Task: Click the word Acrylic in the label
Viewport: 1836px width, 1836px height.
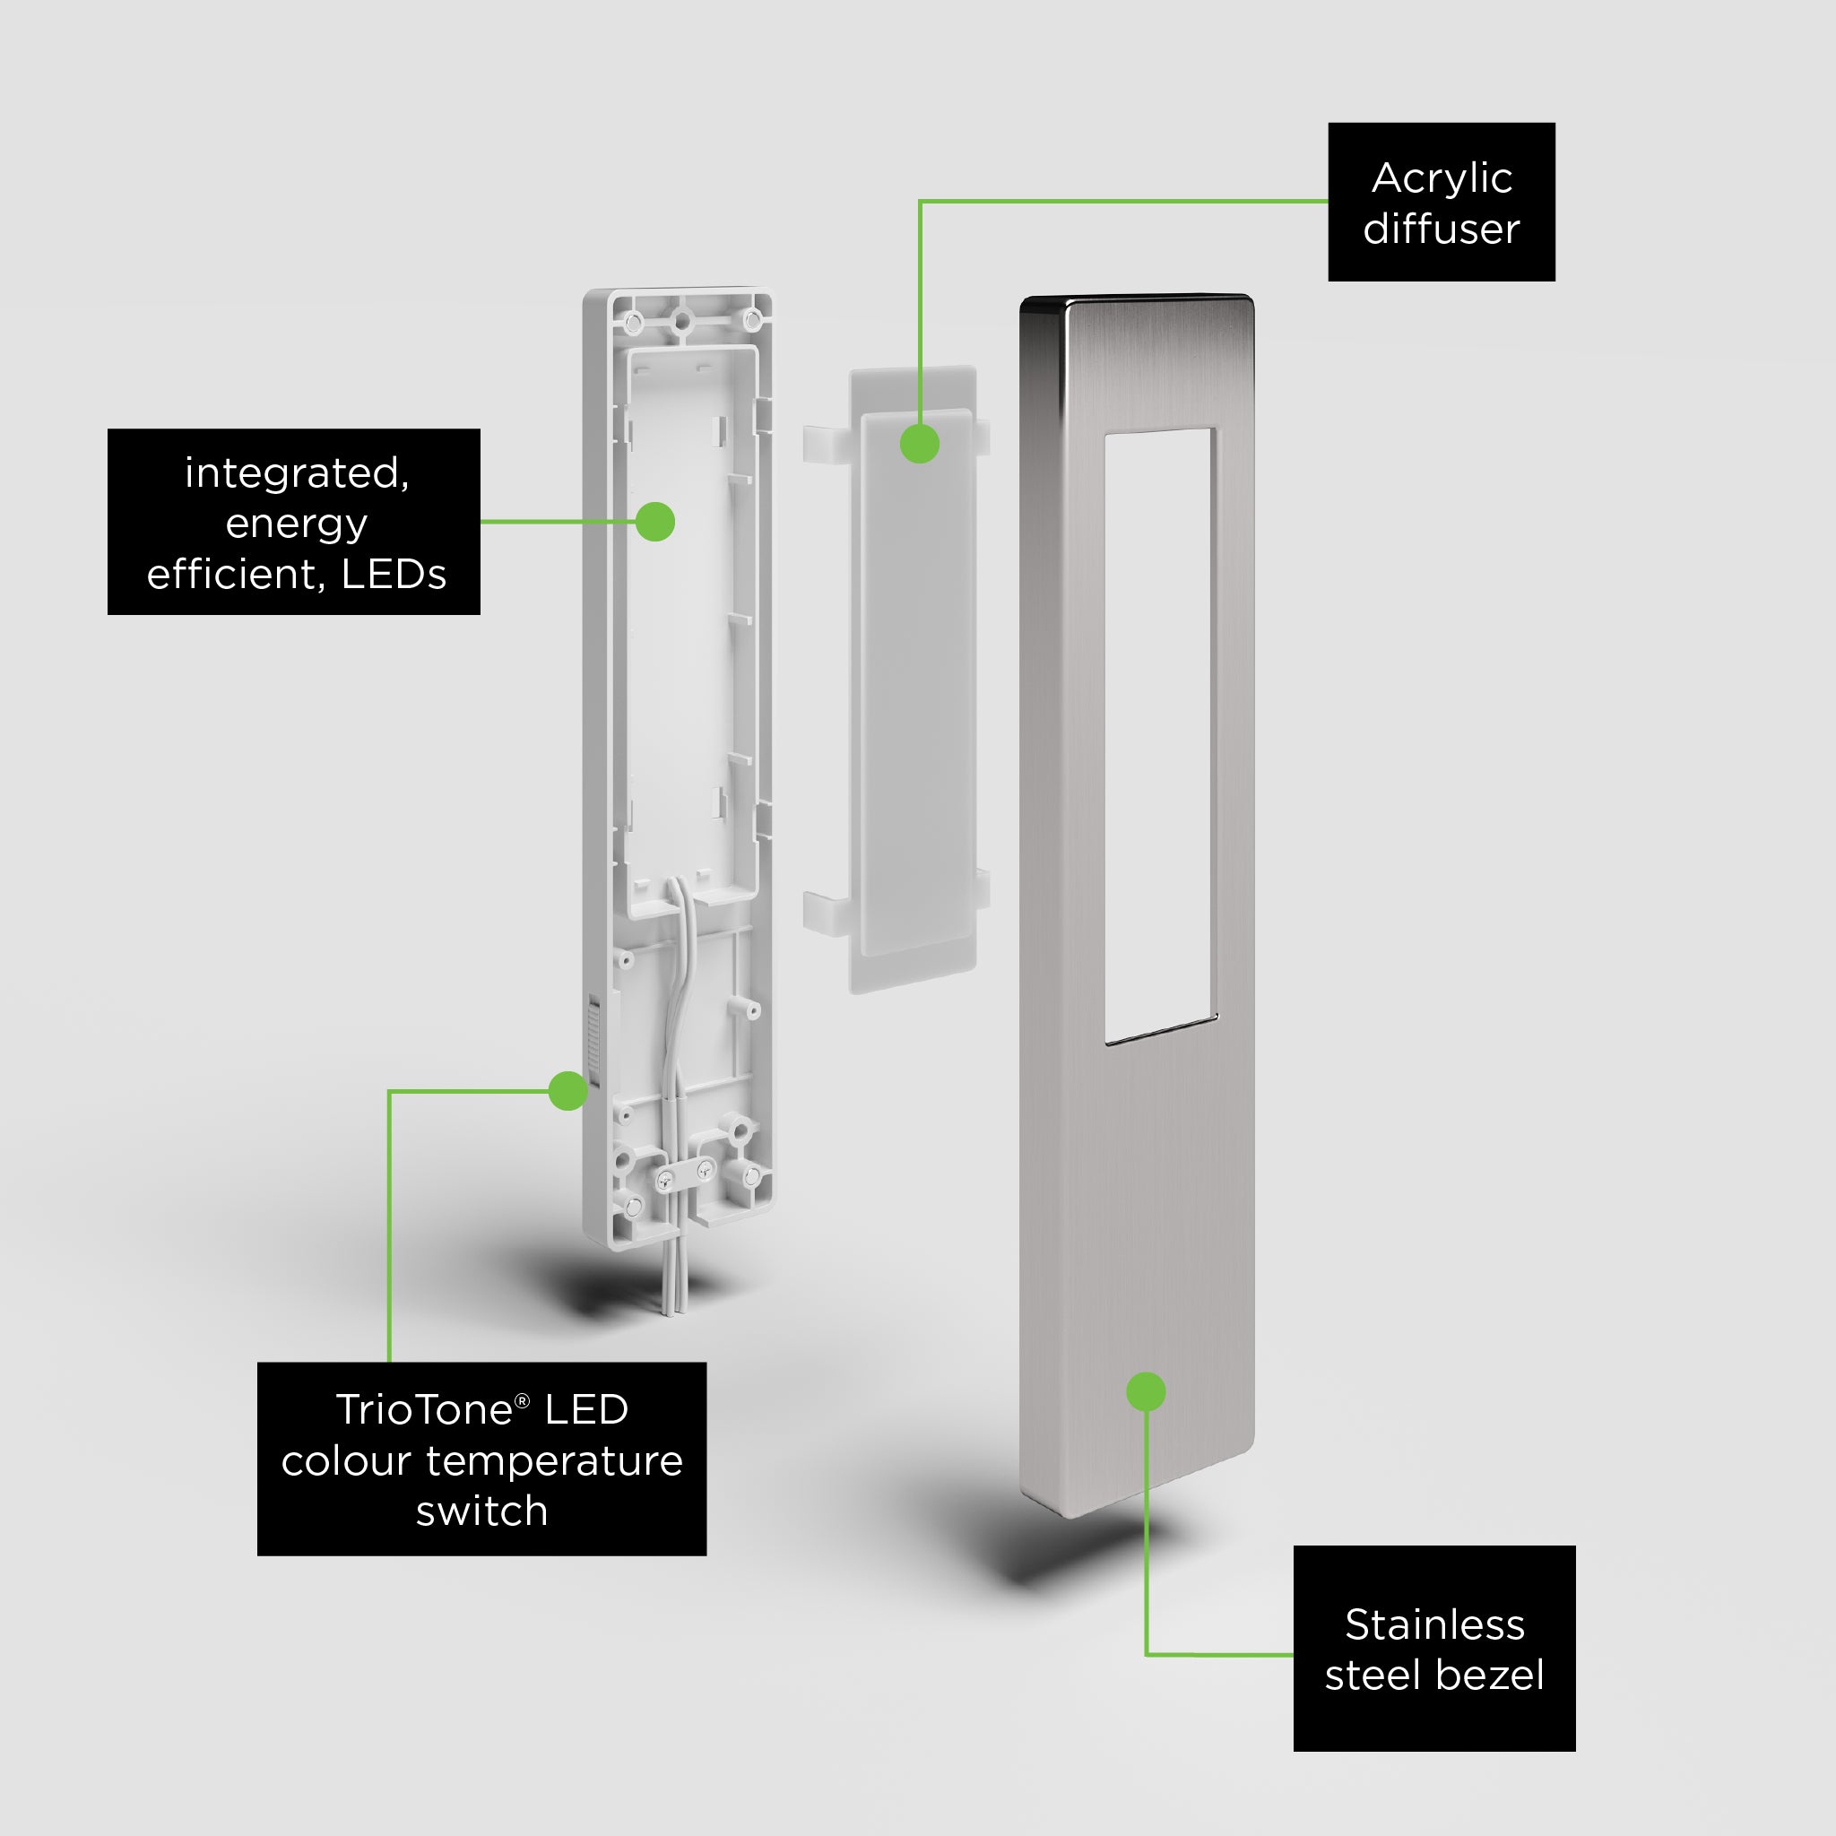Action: [1442, 179]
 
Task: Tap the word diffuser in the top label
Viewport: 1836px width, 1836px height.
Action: [1442, 229]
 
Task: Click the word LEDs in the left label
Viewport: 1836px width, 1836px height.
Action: [394, 574]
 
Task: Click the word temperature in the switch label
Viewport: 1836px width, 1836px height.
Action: [554, 1460]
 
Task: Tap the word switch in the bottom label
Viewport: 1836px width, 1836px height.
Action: [481, 1511]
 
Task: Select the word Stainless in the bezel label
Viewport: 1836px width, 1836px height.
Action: [1435, 1625]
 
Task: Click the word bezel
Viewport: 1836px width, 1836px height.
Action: [1489, 1676]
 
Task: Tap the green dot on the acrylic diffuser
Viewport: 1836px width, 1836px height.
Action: [920, 444]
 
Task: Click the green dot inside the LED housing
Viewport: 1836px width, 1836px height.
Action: [654, 522]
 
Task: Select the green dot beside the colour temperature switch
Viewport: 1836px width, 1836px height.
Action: [568, 1091]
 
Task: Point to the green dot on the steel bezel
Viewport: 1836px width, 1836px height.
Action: [1146, 1392]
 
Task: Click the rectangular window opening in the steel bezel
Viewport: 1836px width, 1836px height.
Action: [1160, 737]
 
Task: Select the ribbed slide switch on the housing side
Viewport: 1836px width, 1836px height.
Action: [593, 1041]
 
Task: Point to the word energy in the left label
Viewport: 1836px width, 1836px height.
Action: [297, 524]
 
